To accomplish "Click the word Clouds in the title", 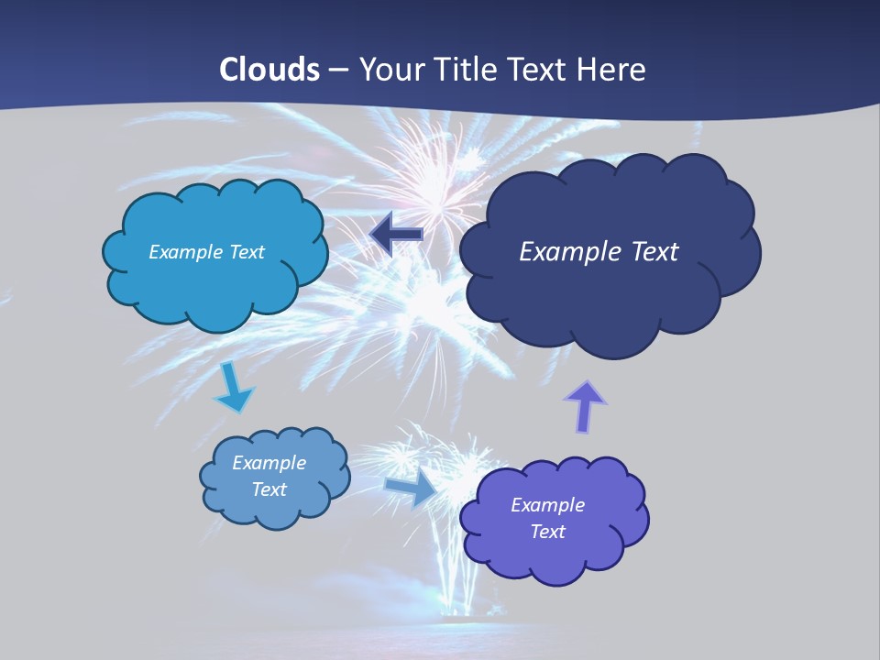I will [x=269, y=70].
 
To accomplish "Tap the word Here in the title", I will [x=613, y=70].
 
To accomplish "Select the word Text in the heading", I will [x=542, y=70].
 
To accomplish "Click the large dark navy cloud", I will [x=610, y=302].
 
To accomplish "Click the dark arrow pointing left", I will [x=396, y=235].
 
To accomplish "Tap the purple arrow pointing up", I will [x=585, y=407].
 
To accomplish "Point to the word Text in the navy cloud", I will [x=654, y=251].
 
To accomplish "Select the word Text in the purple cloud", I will [x=547, y=532].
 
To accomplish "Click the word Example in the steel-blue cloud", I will [x=269, y=463].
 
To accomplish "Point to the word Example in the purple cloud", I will [x=547, y=505].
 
